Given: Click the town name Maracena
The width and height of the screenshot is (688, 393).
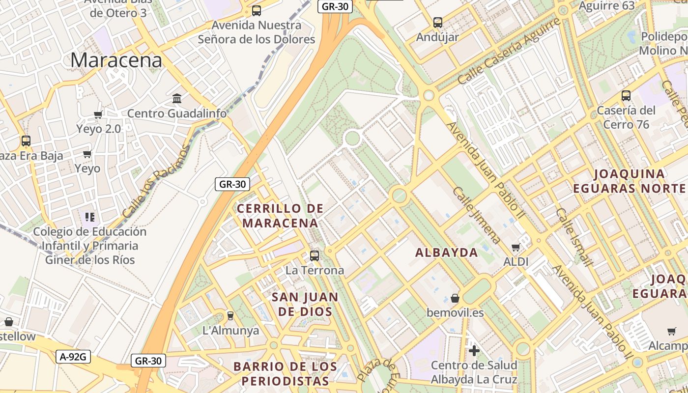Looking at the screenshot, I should [x=116, y=60].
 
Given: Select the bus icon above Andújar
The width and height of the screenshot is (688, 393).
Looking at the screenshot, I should [x=437, y=22].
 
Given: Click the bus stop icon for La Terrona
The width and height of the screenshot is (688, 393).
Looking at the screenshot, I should [x=315, y=255].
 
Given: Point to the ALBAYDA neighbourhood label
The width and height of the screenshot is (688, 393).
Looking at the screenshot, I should [x=446, y=253].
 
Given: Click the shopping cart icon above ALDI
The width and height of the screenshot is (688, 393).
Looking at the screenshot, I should [x=516, y=247].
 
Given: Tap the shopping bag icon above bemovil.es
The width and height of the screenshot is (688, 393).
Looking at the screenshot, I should [x=455, y=298].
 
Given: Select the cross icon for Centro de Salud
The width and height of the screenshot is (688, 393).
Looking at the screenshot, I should [x=474, y=351].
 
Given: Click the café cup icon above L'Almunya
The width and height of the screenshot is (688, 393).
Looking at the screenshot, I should [x=230, y=315].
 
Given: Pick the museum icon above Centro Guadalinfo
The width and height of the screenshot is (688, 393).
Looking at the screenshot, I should [x=177, y=99].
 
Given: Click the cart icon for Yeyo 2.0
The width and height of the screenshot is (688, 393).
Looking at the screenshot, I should [x=98, y=114].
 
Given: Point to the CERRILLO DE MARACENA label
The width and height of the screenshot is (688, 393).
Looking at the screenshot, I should [x=280, y=216].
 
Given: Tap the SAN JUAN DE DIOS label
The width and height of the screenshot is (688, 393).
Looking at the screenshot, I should [x=305, y=304].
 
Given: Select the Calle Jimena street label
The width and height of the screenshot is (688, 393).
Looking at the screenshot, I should [x=476, y=215].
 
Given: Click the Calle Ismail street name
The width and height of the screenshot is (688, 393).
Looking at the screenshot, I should [x=574, y=237].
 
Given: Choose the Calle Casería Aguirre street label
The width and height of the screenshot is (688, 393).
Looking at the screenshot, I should [x=509, y=51].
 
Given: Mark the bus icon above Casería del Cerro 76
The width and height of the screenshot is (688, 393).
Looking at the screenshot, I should [x=626, y=95].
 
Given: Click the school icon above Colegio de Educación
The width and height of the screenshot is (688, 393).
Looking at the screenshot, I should [x=89, y=216].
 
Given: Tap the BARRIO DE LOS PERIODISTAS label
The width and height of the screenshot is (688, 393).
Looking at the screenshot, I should [x=285, y=374].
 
